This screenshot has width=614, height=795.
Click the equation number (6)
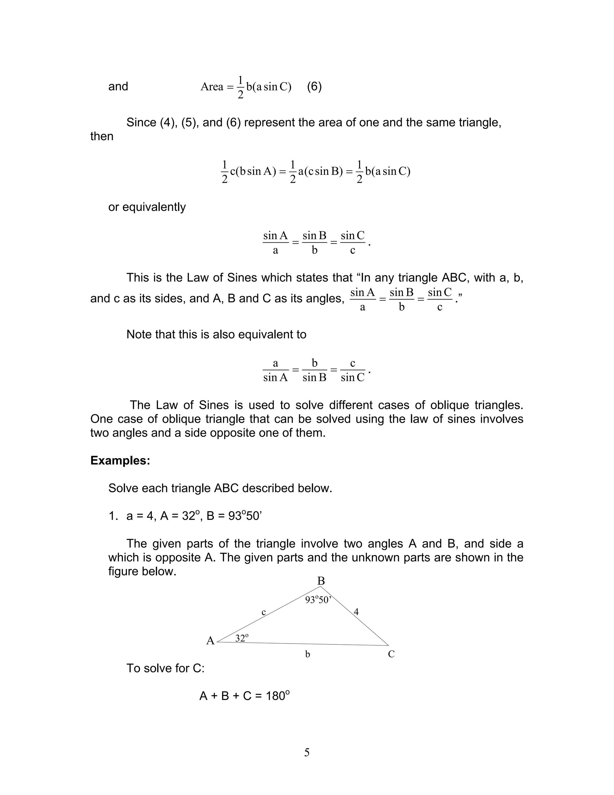click(x=314, y=87)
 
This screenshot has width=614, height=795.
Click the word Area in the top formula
click(x=212, y=87)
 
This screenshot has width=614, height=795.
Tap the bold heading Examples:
click(x=120, y=460)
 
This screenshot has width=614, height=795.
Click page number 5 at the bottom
click(x=307, y=752)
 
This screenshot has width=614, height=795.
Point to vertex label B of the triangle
click(x=321, y=581)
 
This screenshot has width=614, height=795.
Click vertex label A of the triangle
click(x=210, y=641)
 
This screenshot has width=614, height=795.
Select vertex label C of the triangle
click(x=391, y=654)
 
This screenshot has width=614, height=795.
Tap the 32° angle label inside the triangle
click(x=242, y=638)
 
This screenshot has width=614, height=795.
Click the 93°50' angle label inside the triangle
click(x=318, y=600)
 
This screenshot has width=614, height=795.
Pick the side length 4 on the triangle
click(x=356, y=612)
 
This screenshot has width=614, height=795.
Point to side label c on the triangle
click(x=264, y=612)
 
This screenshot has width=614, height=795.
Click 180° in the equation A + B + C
click(x=278, y=696)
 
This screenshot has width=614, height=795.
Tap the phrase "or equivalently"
click(x=147, y=207)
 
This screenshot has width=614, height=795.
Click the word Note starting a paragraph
click(x=139, y=334)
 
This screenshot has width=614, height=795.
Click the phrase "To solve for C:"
click(x=165, y=668)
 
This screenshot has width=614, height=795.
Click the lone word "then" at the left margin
click(x=102, y=136)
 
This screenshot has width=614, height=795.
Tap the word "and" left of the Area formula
click(x=118, y=86)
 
